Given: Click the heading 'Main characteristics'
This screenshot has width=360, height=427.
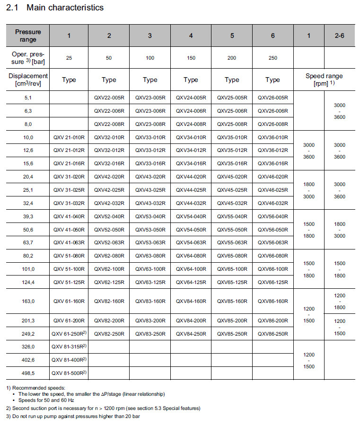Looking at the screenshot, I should (x=65, y=8).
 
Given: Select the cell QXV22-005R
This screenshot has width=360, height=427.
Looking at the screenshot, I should (x=109, y=98).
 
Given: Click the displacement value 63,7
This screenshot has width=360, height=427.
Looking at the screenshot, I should (x=27, y=242).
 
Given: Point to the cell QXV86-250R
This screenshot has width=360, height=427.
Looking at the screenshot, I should (x=272, y=333).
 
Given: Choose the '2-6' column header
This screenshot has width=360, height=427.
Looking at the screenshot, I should (x=339, y=36).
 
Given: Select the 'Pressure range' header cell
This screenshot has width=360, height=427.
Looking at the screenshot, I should (x=28, y=36).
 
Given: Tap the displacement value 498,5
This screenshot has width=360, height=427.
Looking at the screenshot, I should (x=27, y=373).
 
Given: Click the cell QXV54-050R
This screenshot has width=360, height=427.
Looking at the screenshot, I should (x=191, y=230).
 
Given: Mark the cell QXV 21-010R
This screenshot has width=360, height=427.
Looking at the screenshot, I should (x=69, y=137).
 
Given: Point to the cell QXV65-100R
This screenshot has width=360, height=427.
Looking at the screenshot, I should (x=232, y=269).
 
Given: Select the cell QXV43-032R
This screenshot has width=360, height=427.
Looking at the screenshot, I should (x=150, y=203).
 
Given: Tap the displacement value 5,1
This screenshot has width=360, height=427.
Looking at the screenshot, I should (x=27, y=98).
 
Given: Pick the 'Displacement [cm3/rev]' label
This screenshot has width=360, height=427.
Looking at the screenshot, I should (x=28, y=80).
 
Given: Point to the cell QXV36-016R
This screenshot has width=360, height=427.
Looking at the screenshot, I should (x=272, y=163).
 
